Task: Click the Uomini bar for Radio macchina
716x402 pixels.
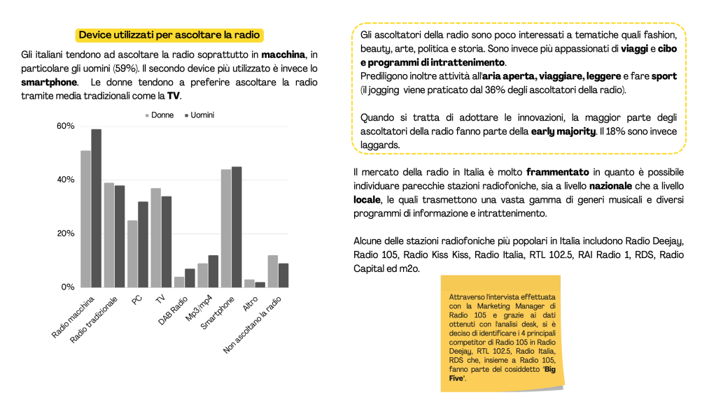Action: tap(96, 208)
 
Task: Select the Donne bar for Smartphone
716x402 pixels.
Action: tap(226, 228)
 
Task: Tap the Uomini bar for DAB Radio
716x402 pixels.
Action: tap(190, 278)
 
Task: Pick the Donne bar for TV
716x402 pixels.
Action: tap(155, 238)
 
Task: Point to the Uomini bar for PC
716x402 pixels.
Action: tap(143, 244)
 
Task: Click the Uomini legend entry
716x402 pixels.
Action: tap(198, 115)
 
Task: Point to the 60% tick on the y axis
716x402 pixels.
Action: tap(65, 126)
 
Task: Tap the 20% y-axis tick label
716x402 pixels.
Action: tap(65, 234)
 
